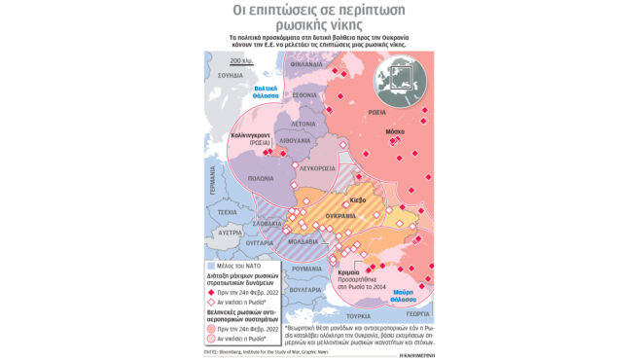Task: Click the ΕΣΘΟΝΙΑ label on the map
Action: pos(305,95)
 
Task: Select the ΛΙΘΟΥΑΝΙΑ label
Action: pos(295,141)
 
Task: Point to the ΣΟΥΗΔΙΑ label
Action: pos(231,75)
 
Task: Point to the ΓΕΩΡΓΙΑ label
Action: pos(419,315)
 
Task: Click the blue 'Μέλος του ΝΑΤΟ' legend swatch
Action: pos(212,266)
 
